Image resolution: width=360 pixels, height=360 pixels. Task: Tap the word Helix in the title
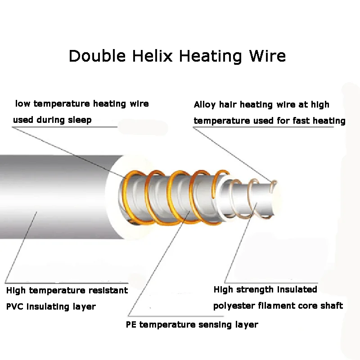[x=149, y=56]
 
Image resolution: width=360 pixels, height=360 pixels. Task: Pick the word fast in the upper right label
[x=304, y=121]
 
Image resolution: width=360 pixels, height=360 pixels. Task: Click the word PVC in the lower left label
[x=15, y=307]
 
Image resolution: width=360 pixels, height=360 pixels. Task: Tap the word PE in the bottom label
[x=131, y=324]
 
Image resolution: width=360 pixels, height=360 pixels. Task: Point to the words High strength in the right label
[x=243, y=289]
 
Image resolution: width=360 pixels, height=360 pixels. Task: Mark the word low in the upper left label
[x=23, y=104]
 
